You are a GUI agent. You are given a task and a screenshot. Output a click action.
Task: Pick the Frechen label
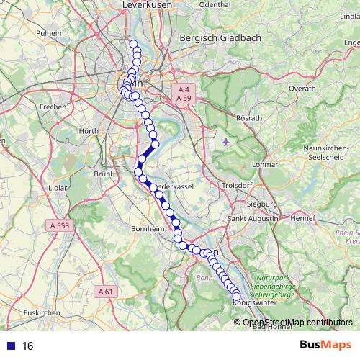pos(53,107)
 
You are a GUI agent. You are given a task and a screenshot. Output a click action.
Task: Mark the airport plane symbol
pos(228,140)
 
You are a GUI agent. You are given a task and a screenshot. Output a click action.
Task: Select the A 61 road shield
pos(105,292)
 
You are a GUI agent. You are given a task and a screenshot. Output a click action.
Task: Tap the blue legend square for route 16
pos(12,346)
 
